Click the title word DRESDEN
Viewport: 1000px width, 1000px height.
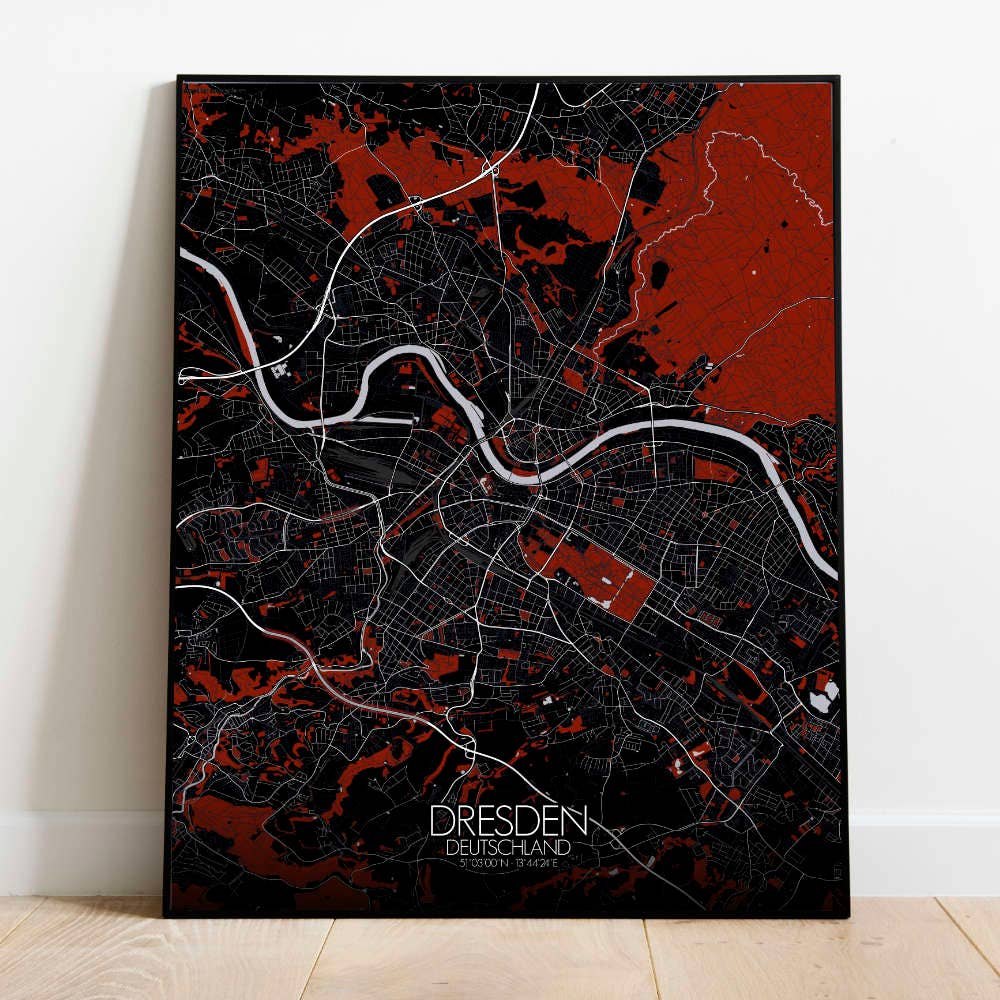coord(509,822)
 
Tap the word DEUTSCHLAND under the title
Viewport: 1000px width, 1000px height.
coord(509,847)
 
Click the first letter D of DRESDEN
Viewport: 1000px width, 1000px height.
coord(441,822)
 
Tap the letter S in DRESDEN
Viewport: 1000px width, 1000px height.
coord(506,822)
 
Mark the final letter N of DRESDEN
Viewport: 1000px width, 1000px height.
coord(576,822)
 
